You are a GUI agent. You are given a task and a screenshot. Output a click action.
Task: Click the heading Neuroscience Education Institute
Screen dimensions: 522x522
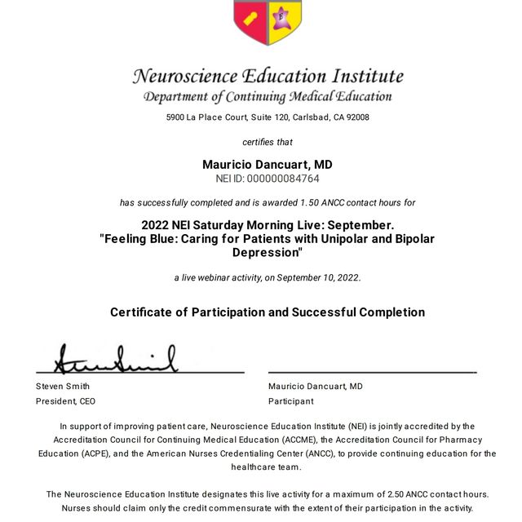268,77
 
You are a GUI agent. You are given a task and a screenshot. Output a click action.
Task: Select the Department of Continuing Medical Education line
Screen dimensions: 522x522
268,97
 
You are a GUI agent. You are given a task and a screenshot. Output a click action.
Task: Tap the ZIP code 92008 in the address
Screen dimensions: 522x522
356,117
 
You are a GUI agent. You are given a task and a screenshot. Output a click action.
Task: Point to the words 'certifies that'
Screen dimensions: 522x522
268,143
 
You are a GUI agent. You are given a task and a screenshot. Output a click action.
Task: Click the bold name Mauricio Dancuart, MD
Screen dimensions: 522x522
268,165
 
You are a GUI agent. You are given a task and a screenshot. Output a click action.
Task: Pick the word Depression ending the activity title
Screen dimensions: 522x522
266,253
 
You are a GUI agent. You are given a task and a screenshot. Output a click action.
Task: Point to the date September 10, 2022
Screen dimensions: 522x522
318,277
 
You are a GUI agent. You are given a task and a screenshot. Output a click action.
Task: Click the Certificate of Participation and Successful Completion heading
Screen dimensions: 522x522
268,312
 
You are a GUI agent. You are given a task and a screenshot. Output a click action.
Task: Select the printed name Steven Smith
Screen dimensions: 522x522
63,386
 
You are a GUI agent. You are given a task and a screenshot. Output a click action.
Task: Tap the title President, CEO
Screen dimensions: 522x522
65,401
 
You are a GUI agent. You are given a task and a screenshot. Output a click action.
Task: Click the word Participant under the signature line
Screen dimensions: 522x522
290,401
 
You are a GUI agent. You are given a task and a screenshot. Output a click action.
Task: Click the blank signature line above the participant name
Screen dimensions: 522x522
372,372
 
